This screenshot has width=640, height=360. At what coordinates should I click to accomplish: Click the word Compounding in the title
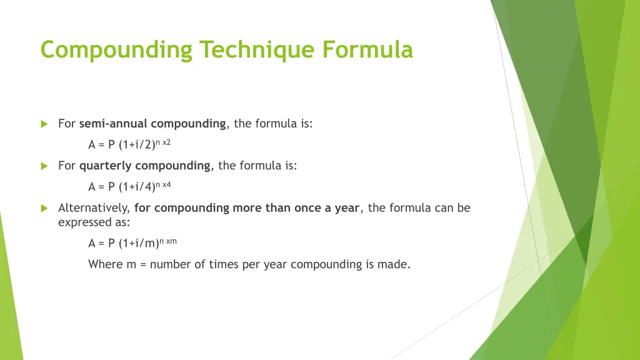coord(116,49)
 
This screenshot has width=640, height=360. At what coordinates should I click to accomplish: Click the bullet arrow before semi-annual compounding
coord(44,124)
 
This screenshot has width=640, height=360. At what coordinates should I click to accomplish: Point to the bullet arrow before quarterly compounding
coord(44,166)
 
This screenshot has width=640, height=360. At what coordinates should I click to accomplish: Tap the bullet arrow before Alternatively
coord(44,208)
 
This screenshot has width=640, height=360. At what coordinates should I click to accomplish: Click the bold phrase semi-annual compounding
coord(152,124)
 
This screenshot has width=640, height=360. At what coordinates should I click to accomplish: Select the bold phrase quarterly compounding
coord(144,166)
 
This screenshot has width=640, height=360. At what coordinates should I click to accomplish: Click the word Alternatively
coord(94,208)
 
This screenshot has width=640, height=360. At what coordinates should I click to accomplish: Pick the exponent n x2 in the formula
coord(162,142)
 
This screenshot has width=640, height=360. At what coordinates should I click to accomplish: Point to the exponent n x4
coord(162,184)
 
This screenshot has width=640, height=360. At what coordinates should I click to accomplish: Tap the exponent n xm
coord(168,241)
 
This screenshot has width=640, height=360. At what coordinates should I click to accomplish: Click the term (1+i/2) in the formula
coord(136,145)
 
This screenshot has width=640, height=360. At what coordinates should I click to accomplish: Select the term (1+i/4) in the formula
coord(136,187)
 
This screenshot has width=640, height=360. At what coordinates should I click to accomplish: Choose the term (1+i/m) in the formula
coord(138,244)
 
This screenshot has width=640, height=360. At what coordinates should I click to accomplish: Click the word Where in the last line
coord(106,264)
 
